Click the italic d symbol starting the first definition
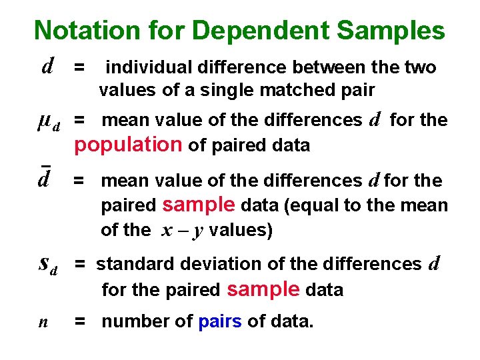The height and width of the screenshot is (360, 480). tap(47, 66)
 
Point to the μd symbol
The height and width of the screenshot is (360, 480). tap(48, 121)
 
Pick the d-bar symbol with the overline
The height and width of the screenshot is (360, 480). tap(45, 179)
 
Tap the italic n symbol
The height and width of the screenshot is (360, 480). tap(43, 322)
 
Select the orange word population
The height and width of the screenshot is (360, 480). tap(128, 144)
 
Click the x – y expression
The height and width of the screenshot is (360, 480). tap(182, 230)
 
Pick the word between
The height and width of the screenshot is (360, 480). tap(326, 67)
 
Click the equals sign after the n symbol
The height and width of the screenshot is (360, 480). tap(80, 322)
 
